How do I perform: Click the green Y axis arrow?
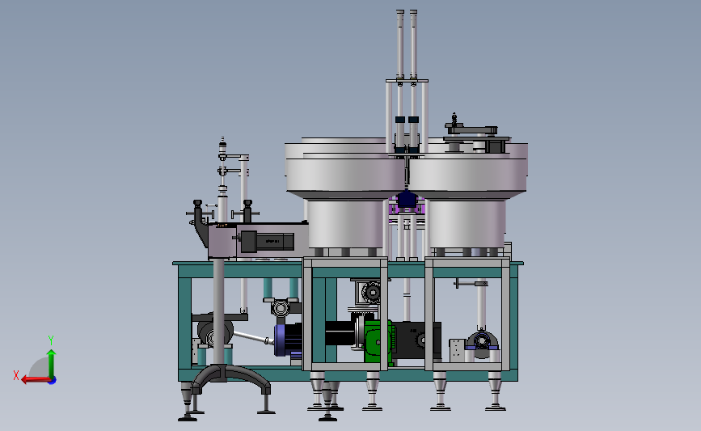pyautogui.click(x=51, y=362)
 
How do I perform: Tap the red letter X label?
pyautogui.click(x=16, y=375)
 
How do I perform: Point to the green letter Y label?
pyautogui.click(x=50, y=340)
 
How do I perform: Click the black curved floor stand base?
pyautogui.click(x=230, y=376)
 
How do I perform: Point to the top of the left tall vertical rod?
pyautogui.click(x=399, y=13)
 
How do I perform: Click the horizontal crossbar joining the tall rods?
pyautogui.click(x=407, y=81)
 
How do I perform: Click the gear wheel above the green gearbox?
pyautogui.click(x=373, y=292)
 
